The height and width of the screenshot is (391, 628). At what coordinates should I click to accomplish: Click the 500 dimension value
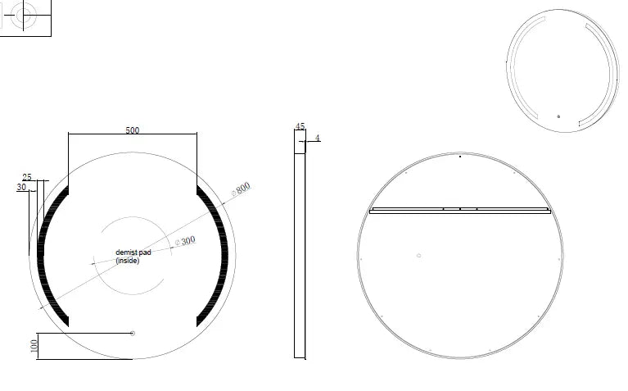click(132, 130)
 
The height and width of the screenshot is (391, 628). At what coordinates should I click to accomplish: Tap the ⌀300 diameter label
click(186, 240)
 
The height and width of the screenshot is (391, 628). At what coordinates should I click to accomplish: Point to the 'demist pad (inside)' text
click(133, 257)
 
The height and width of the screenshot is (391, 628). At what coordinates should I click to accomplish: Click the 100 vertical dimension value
click(34, 345)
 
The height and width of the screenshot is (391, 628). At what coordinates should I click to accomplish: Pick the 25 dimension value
click(27, 177)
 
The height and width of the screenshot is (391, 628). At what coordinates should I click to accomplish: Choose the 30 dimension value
click(21, 188)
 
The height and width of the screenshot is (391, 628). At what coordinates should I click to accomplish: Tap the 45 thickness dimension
click(300, 127)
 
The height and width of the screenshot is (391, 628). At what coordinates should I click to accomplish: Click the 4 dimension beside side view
click(317, 138)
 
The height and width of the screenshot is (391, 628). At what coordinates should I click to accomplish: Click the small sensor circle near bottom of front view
click(133, 333)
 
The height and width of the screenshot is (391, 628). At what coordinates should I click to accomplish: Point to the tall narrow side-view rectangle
click(300, 246)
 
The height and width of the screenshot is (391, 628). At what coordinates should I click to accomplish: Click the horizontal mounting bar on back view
click(459, 211)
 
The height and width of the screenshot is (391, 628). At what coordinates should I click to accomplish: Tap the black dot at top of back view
click(460, 156)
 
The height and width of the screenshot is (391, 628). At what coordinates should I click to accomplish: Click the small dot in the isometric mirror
click(558, 116)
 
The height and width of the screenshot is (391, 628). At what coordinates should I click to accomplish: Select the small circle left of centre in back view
click(419, 255)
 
